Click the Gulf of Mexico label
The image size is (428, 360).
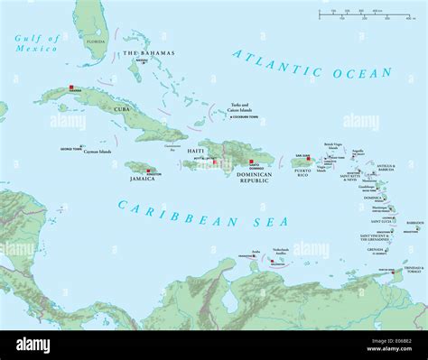(x=36, y=42)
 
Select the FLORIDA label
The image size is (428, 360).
(x=94, y=41)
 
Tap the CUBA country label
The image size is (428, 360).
(x=121, y=108)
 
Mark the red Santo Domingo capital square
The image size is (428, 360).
(x=250, y=162)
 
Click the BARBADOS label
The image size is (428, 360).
(x=414, y=222)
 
